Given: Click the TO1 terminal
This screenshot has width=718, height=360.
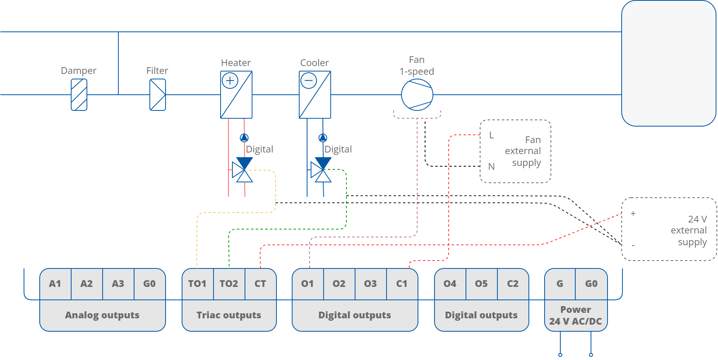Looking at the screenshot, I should coord(197,284).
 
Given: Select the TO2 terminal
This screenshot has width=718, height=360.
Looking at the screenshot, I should coord(229,284).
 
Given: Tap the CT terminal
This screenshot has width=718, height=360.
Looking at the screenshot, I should coord(260,284).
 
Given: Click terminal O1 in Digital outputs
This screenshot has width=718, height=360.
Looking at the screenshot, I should coord(307,284).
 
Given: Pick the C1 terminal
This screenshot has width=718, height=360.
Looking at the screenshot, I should coord(402,284).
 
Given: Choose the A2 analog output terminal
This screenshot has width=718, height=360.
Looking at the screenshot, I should coord(87,284).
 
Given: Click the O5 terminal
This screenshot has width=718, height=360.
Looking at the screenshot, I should coord(481,284).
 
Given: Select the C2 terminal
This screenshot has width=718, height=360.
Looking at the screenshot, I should coord(513,284).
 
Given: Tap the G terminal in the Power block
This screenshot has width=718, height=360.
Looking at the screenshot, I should coord(560,284).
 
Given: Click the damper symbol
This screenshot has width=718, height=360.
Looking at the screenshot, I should coord(79,95).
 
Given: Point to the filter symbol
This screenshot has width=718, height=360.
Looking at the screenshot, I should coord(157,95).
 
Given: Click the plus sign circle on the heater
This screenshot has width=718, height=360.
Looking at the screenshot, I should coord(230,81).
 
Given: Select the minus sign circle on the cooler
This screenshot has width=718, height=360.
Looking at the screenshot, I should coord(309,81).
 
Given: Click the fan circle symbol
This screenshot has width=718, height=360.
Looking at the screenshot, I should coord(417,95).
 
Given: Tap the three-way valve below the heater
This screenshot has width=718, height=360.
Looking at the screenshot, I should coord(242,170).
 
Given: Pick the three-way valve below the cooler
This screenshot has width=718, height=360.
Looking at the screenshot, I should coord(321,170).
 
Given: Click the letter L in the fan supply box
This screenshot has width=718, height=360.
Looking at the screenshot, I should coord(492,136).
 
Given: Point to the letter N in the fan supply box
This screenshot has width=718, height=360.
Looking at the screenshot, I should coord(492,167).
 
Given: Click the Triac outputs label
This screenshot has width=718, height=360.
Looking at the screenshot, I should coord(229,315).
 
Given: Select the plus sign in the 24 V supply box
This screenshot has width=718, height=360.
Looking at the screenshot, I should coord(633,213).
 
